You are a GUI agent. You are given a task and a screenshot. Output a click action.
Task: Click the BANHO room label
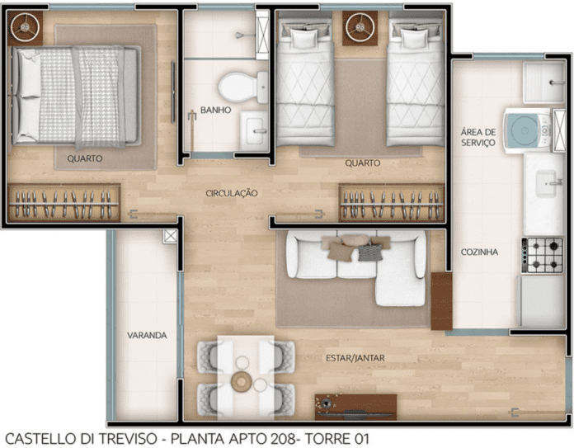[215, 110]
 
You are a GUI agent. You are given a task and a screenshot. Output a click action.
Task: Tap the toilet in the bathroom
[243, 87]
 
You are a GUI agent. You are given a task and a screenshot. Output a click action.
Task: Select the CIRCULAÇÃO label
[232, 193]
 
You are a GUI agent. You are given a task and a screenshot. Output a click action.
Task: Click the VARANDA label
[147, 335]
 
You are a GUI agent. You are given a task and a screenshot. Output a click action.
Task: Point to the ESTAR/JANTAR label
[355, 358]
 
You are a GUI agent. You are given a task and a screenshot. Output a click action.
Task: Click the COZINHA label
[479, 252]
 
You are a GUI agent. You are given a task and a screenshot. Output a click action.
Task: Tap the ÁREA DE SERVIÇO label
[478, 137]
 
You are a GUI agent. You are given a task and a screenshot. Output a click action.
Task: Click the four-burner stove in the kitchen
[542, 255]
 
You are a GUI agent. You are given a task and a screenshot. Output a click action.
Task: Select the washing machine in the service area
[527, 130]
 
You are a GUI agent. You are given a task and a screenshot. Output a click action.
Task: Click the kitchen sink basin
[546, 183]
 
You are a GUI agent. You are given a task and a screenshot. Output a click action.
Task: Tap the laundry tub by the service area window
[543, 83]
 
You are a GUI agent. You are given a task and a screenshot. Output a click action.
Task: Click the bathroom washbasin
[254, 131]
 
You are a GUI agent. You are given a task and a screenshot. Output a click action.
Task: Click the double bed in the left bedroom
[76, 96]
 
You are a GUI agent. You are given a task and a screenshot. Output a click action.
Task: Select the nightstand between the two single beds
[360, 28]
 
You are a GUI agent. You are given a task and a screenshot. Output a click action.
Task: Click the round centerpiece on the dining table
[241, 381]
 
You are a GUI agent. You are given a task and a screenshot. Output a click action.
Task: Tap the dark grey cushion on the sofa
[370, 252]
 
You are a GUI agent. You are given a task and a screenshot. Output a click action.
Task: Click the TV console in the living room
[355, 407]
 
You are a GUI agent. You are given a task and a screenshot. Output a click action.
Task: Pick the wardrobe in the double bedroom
[64, 203]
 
